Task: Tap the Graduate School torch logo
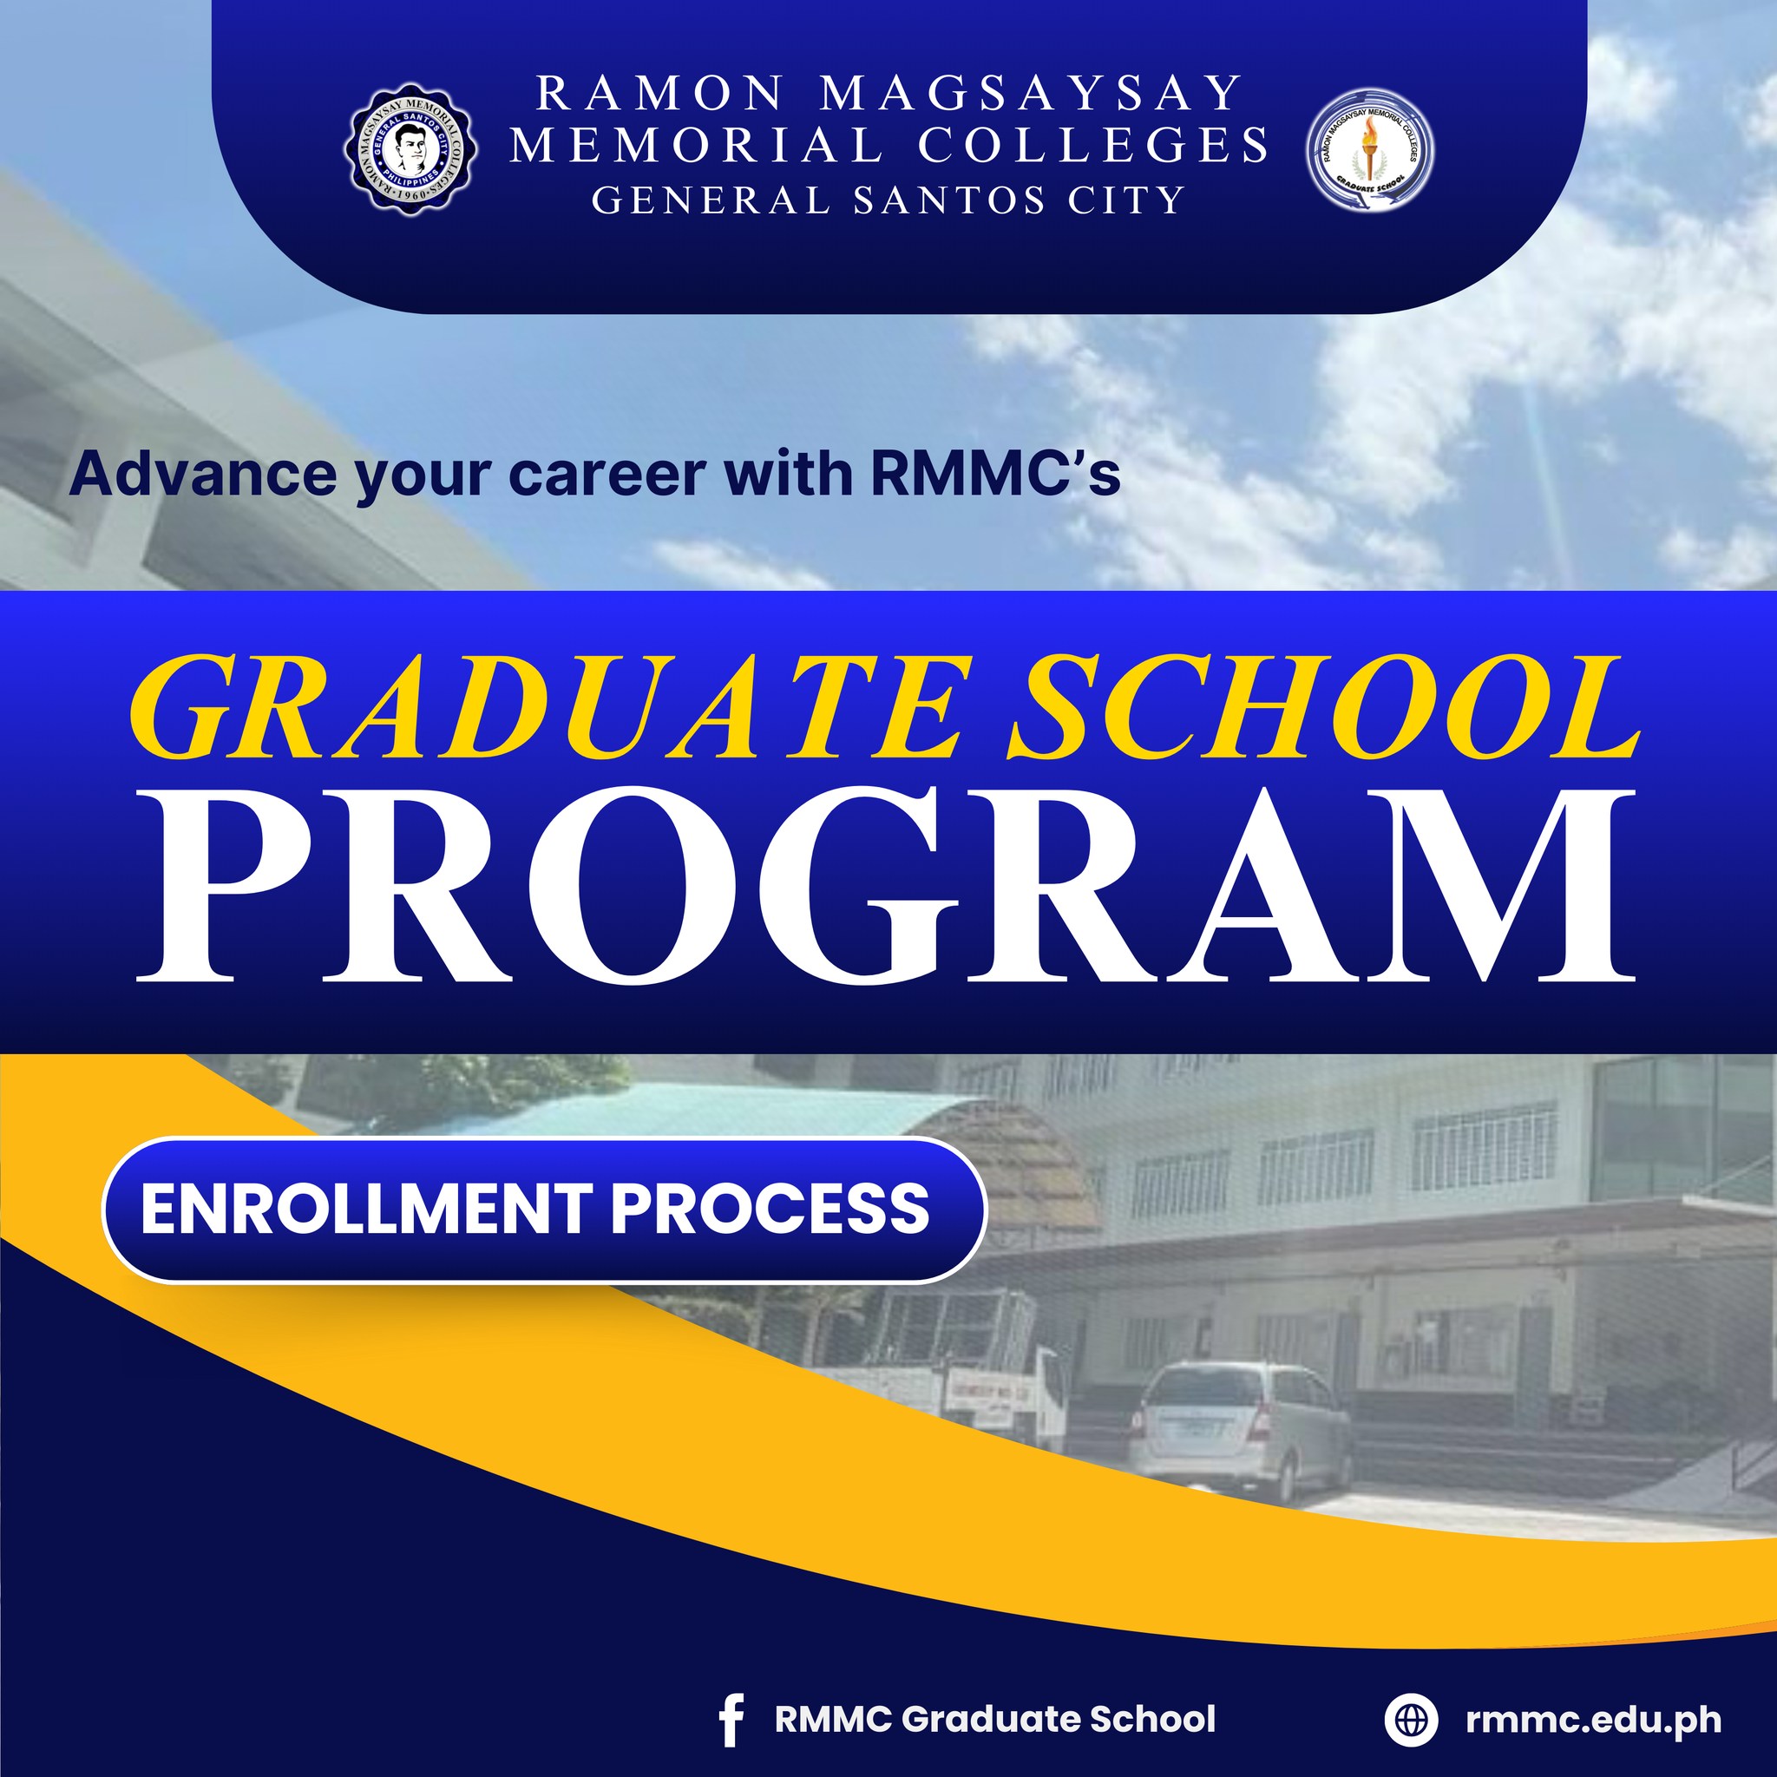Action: click(1369, 149)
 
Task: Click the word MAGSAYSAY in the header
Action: click(1030, 93)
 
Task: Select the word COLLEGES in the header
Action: click(1093, 145)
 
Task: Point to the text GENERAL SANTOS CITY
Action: click(888, 200)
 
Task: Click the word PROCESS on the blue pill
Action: click(770, 1209)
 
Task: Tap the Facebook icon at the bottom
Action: click(731, 1719)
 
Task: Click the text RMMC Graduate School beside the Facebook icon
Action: click(995, 1718)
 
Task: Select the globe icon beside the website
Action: click(1410, 1718)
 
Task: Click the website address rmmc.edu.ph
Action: click(1594, 1718)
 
